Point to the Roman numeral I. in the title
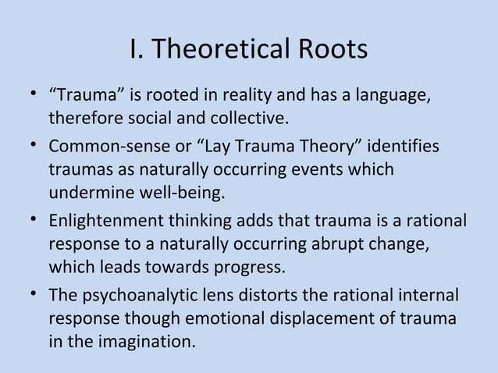click(x=138, y=50)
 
